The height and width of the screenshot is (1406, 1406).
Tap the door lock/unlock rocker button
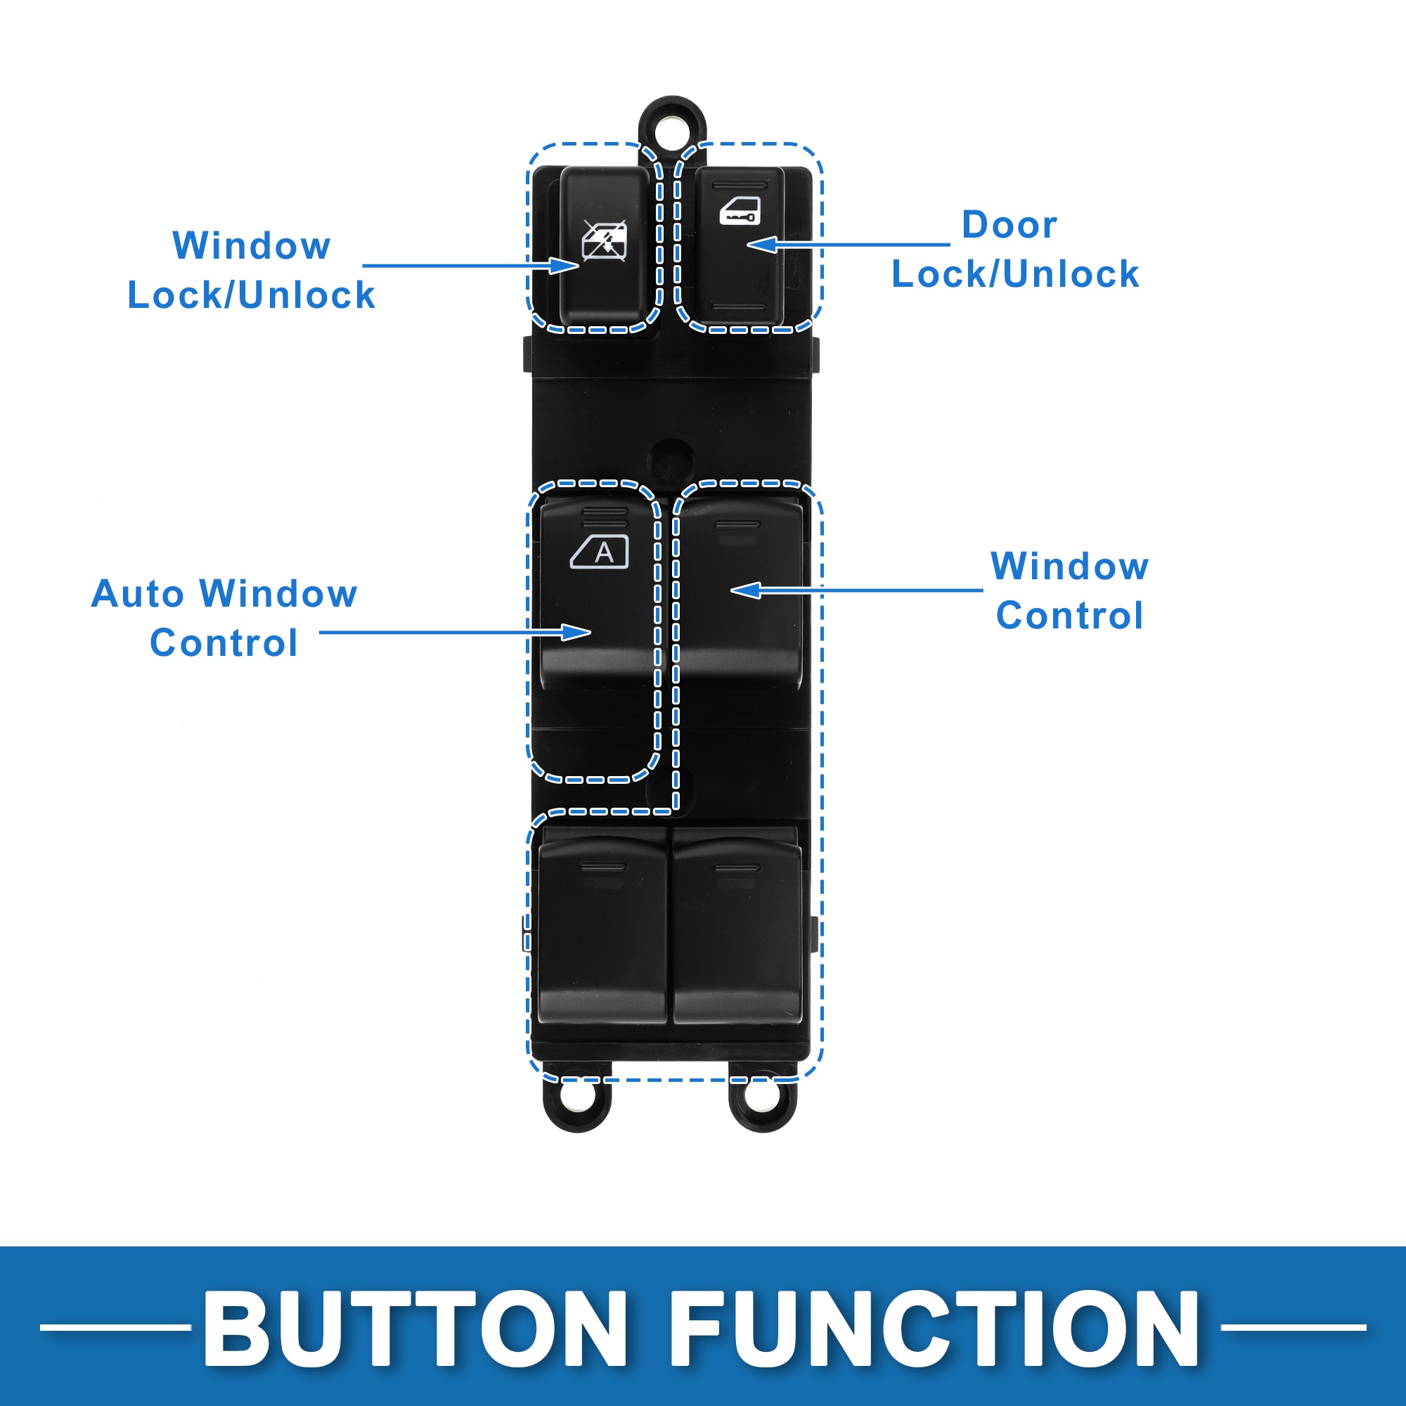(739, 246)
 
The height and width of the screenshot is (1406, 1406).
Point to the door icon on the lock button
(740, 211)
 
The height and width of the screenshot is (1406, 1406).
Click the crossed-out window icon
(604, 240)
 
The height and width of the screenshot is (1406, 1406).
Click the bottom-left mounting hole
(577, 1097)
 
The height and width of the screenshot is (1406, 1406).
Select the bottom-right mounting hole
(763, 1097)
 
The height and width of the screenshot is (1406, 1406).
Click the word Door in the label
(1009, 225)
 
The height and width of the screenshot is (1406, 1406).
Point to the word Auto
(137, 594)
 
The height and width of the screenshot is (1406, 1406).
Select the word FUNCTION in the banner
(934, 1329)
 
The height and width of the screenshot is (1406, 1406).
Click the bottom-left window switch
(602, 928)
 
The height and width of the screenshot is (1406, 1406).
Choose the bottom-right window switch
(737, 928)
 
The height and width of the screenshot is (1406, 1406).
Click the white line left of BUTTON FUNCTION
(115, 1327)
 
